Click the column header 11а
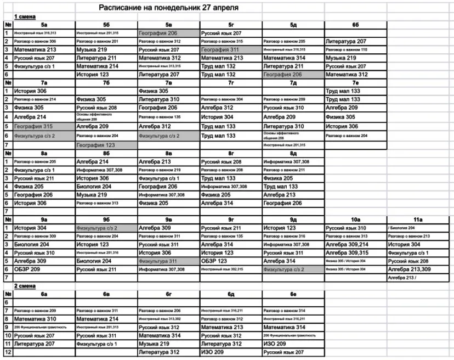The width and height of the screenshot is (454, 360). point(419,219)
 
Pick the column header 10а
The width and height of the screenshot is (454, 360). point(355,219)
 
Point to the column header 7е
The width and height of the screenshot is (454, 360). point(355,83)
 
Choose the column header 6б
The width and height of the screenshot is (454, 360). point(355,25)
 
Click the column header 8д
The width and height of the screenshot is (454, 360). point(293,154)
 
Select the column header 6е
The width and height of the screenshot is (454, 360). point(293,294)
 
